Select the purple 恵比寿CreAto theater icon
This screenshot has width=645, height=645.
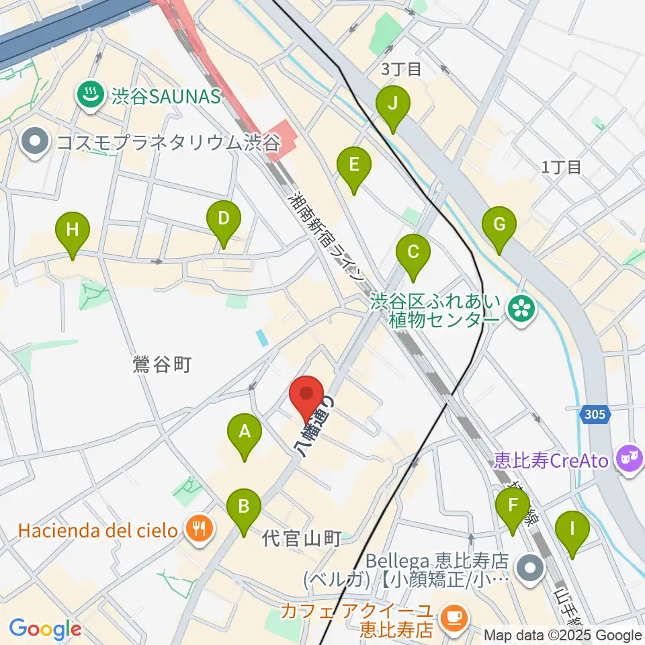[630, 461]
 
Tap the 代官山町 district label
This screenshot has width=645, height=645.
[302, 537]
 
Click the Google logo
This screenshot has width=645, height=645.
[44, 628]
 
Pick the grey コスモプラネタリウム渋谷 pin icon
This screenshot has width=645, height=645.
[35, 142]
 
